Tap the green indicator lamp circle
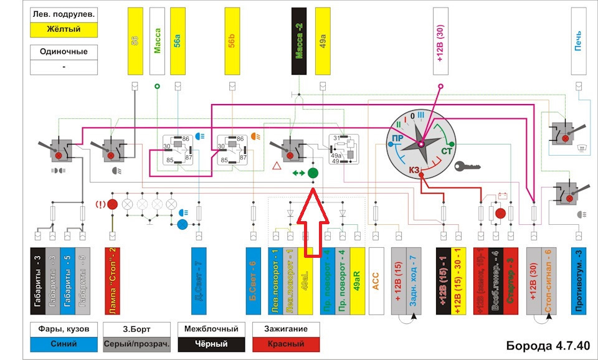(313, 173)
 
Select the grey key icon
(467, 166)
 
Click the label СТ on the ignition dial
(447, 151)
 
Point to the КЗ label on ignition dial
(415, 169)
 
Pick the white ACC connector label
(376, 282)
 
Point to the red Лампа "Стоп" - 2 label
(113, 282)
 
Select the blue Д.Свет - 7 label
(198, 282)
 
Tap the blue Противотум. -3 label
(579, 282)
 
